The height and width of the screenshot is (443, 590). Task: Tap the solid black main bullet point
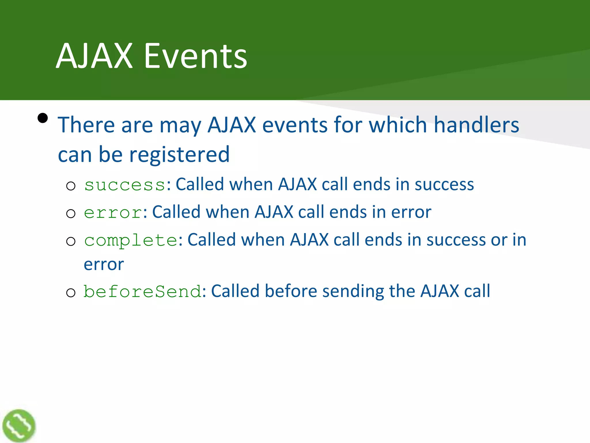[43, 118]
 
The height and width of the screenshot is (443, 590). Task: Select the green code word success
[124, 185]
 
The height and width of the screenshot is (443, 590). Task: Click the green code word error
[113, 213]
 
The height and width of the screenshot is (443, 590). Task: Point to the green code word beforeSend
[142, 291]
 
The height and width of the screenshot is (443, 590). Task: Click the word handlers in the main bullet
[476, 125]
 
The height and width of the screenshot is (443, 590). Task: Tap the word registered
[179, 155]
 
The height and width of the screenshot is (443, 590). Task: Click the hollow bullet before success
[71, 186]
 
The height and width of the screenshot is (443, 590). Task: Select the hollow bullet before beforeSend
[71, 293]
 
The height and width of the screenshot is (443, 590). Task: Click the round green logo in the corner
[19, 426]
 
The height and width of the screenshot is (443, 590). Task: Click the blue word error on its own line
[104, 265]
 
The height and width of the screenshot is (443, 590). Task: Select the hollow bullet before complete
[71, 241]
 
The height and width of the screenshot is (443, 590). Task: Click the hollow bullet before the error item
[71, 214]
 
